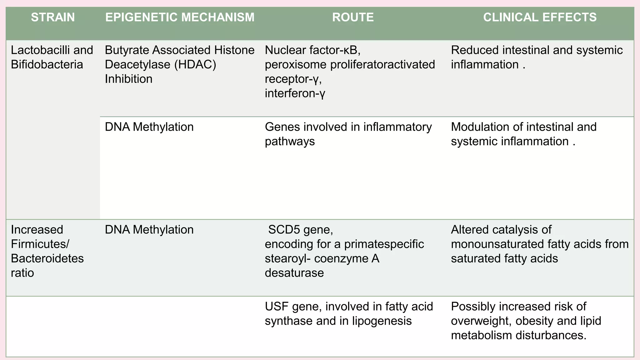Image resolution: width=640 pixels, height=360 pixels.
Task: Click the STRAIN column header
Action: coord(53,17)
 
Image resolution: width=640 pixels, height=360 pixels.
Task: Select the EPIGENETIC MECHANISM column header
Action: coord(180,17)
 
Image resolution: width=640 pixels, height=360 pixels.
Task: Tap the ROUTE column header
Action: coord(353,17)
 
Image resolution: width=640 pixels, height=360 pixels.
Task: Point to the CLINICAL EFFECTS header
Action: coord(540,17)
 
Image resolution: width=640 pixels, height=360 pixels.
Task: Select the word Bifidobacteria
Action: coord(47,65)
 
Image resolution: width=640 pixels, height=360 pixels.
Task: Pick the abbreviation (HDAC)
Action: coord(195,65)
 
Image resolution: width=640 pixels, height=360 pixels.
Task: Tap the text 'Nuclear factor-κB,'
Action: coord(312,50)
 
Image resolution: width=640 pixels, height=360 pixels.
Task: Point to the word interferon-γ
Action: coord(295,93)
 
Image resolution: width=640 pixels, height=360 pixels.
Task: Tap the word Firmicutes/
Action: coord(40,244)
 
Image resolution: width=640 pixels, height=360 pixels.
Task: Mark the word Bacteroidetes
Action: coord(47,259)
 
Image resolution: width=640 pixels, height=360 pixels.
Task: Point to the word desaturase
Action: coord(294,273)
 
